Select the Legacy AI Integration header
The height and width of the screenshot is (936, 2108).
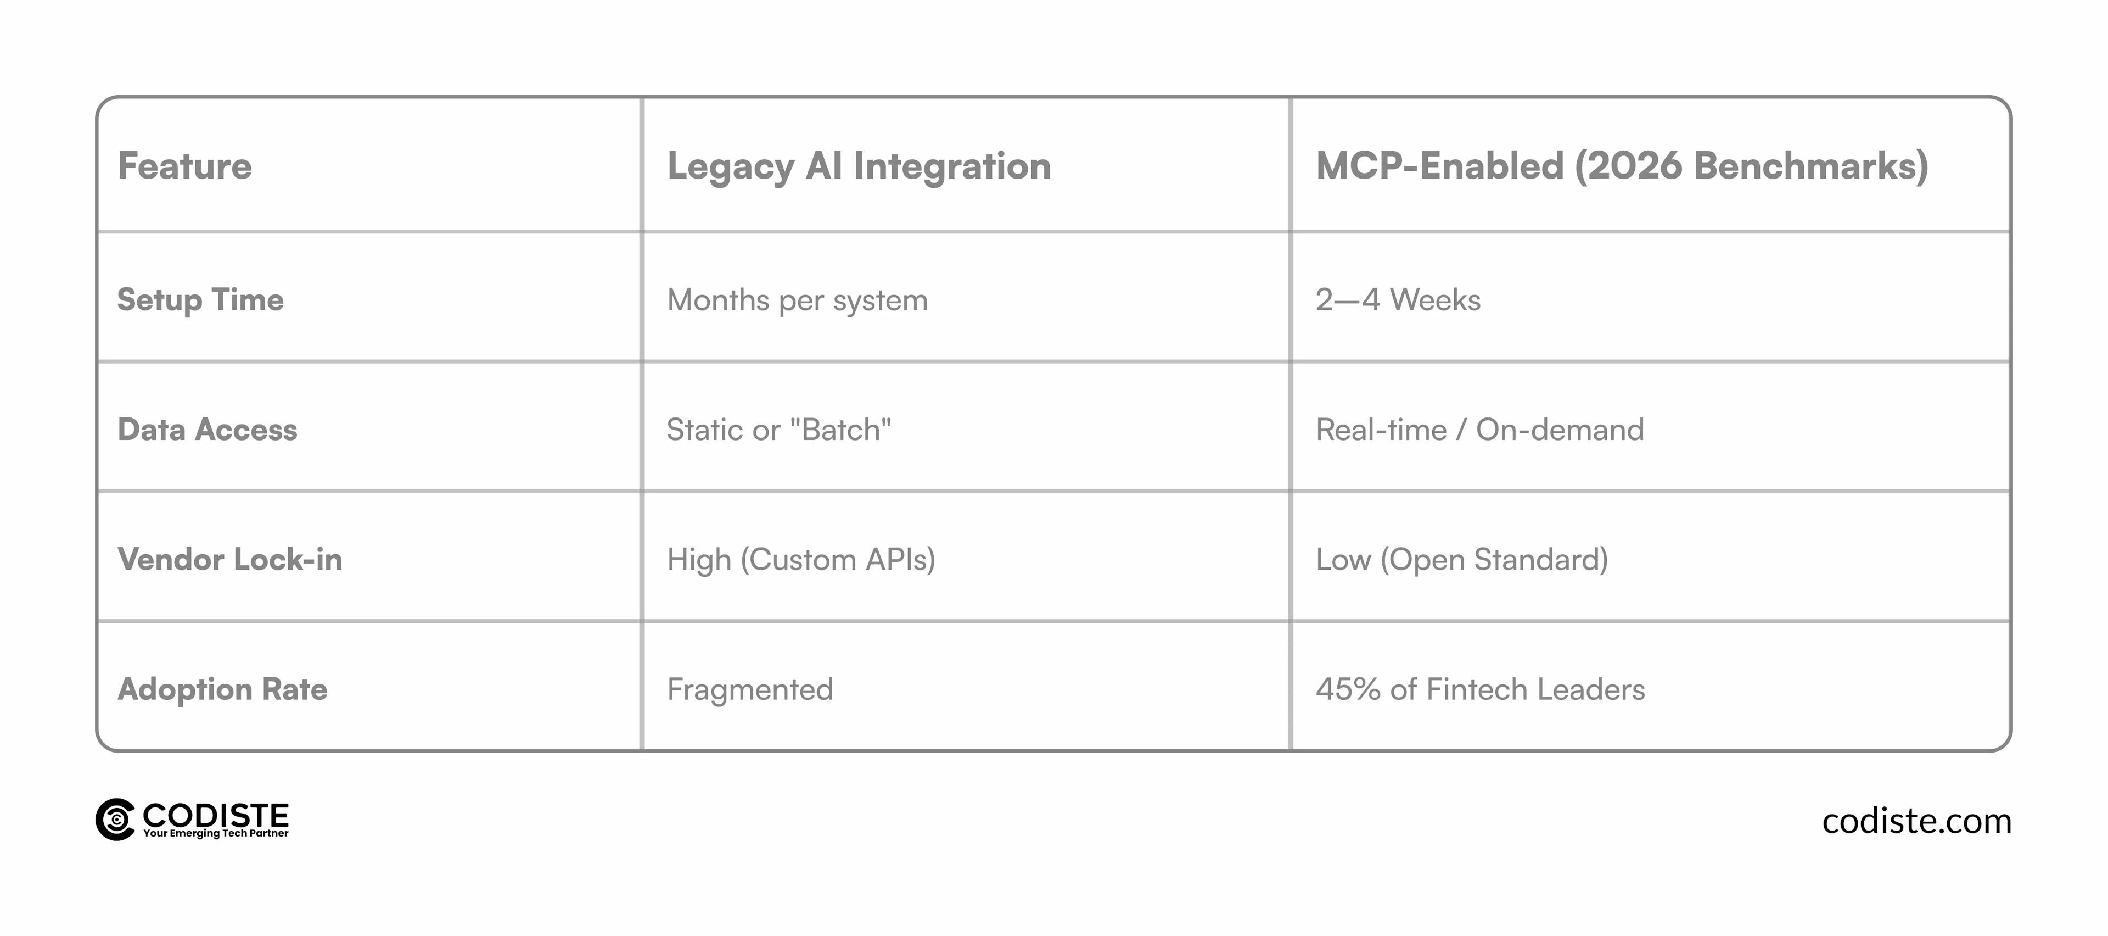(x=859, y=167)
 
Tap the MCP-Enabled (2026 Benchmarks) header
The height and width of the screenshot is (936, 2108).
(x=1622, y=166)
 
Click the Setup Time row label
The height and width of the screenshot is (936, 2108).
(x=200, y=300)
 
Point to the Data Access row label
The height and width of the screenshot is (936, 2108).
(x=208, y=429)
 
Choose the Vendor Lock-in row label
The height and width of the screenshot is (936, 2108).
(x=230, y=559)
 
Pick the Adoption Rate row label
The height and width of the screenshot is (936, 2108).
(x=222, y=689)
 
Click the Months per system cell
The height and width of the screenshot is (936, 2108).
(x=797, y=300)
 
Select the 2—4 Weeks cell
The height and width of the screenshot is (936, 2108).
(x=1398, y=300)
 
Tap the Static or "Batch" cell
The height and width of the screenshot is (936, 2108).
(x=779, y=429)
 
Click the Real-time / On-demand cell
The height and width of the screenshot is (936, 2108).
(x=1479, y=429)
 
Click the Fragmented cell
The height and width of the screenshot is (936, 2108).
(x=749, y=689)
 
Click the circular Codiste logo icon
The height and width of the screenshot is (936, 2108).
(x=115, y=820)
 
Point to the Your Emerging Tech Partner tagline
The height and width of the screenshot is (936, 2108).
(x=216, y=834)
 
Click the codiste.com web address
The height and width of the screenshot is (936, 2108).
(x=1916, y=821)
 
